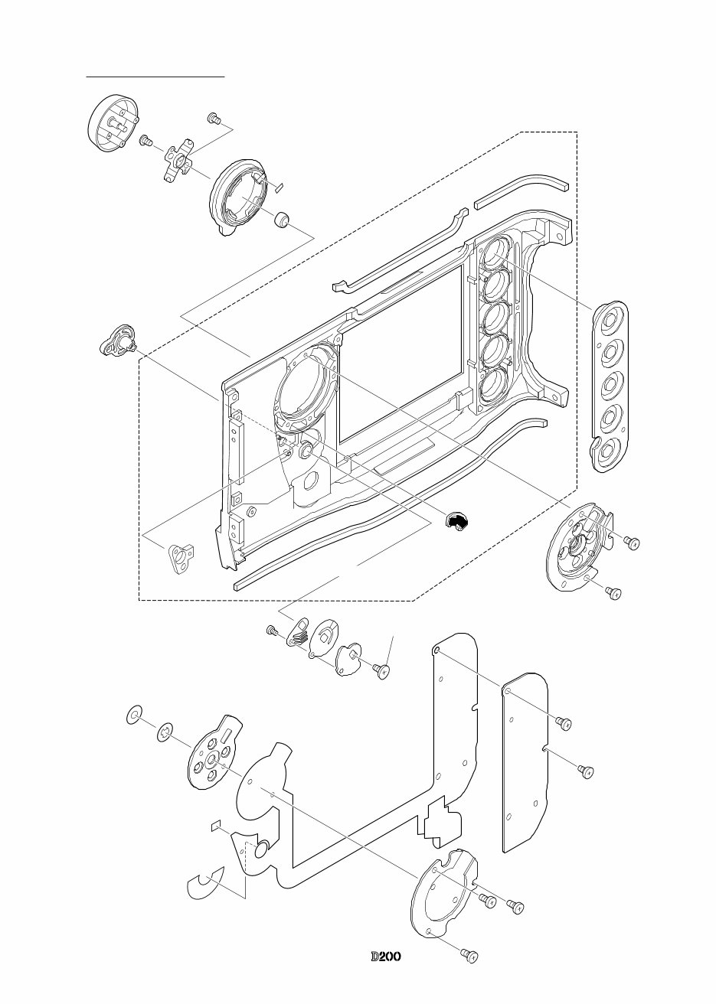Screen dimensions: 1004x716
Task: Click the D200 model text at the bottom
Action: (x=387, y=957)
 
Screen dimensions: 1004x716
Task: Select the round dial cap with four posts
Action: (x=113, y=127)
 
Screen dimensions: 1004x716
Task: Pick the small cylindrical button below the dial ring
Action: (x=282, y=220)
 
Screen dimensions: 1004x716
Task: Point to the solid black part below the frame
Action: (x=457, y=521)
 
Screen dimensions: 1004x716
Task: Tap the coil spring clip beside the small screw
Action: (x=298, y=633)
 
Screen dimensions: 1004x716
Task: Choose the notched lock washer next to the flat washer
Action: (x=165, y=735)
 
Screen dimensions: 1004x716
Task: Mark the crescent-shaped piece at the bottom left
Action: (x=205, y=885)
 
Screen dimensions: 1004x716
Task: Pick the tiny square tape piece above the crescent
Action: (x=215, y=825)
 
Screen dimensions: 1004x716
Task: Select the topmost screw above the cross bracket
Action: (x=214, y=119)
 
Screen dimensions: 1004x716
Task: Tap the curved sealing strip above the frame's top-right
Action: (x=521, y=191)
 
